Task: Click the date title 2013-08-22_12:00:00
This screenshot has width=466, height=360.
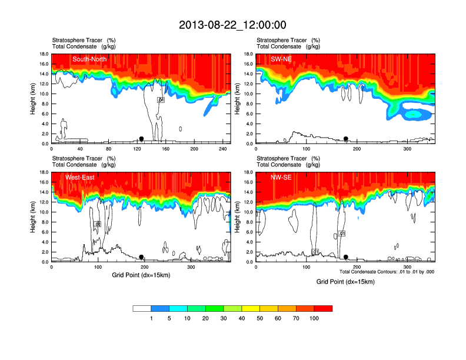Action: (232, 25)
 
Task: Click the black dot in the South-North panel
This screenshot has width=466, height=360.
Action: (141, 139)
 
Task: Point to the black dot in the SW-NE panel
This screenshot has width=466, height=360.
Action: (346, 139)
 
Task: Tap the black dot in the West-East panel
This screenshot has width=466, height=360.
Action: (141, 257)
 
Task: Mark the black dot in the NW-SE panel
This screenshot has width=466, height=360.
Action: (346, 257)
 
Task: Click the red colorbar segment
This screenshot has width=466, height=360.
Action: (324, 308)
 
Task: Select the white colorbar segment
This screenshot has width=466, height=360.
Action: (142, 308)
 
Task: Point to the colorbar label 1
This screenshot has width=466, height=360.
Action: (151, 318)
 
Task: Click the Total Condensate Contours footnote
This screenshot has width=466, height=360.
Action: (387, 272)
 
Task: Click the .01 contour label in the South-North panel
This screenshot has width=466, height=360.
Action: (161, 100)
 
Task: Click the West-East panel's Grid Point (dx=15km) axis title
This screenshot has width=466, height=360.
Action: (141, 275)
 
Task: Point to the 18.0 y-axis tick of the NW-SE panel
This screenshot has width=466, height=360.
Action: (248, 172)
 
